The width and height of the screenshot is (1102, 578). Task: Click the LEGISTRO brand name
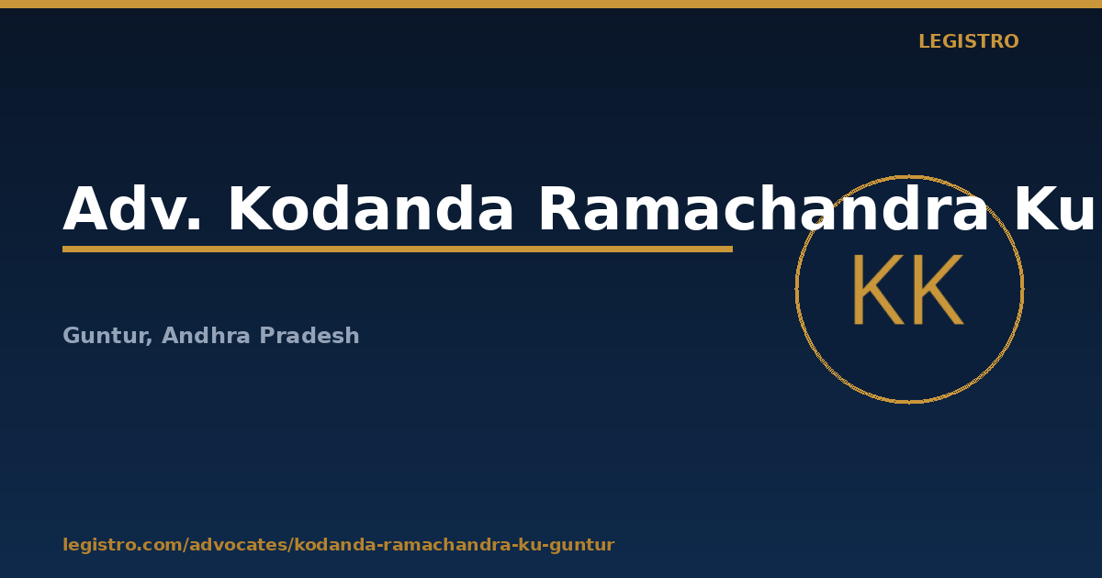click(x=968, y=41)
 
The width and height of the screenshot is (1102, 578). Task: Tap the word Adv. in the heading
click(x=132, y=208)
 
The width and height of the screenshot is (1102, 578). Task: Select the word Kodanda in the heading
click(x=371, y=208)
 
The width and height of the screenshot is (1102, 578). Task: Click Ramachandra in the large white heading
click(x=763, y=208)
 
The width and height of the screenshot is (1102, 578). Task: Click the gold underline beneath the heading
click(x=398, y=250)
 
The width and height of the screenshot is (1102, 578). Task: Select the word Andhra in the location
click(x=206, y=335)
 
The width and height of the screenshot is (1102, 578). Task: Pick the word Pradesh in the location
click(x=309, y=335)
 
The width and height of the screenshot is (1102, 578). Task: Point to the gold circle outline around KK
click(x=796, y=290)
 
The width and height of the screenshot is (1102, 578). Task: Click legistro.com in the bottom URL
click(x=121, y=545)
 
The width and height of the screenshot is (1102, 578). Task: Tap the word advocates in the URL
click(x=239, y=545)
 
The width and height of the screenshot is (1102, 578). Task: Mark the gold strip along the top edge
click(x=551, y=4)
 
